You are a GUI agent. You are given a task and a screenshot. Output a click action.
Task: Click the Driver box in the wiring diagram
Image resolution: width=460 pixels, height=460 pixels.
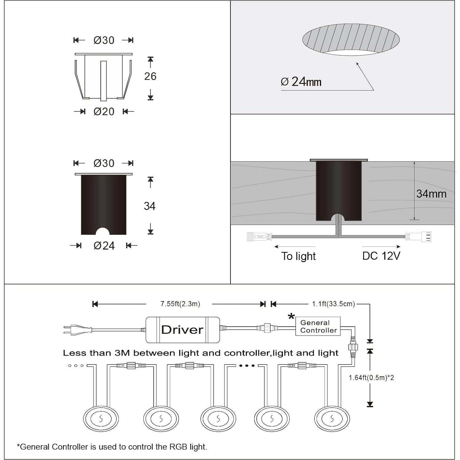183,330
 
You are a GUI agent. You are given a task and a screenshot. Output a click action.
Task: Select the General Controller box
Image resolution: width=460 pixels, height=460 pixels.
318,326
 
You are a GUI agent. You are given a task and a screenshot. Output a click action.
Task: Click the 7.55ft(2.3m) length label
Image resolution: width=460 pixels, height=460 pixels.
180,304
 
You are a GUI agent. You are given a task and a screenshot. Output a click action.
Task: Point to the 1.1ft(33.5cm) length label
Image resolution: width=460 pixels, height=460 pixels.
333,304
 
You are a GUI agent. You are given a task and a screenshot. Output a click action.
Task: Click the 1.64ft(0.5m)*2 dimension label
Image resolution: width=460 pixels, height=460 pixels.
371,378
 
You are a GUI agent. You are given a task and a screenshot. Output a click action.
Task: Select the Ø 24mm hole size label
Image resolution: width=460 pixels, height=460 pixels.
301,82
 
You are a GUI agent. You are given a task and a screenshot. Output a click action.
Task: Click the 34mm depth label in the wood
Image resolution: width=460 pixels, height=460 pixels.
431,194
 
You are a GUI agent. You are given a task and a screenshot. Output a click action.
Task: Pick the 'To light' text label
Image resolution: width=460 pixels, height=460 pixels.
298,256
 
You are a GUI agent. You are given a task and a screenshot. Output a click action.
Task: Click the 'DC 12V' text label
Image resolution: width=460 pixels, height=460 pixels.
381,256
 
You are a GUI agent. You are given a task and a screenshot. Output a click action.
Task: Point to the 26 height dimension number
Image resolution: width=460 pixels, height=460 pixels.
150,76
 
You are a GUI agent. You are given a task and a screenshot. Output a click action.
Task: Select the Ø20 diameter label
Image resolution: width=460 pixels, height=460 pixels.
104,112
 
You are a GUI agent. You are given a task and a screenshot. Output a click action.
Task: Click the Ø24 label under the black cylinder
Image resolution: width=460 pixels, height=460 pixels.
104,246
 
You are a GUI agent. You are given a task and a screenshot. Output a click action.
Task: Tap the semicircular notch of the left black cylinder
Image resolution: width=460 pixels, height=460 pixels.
103,231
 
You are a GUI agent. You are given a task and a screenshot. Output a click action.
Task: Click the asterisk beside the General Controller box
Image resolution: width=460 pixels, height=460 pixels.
291,316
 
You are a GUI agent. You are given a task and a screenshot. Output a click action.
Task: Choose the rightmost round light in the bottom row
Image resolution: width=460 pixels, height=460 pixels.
332,419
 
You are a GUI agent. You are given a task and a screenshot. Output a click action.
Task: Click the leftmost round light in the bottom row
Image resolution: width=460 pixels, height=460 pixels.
101,419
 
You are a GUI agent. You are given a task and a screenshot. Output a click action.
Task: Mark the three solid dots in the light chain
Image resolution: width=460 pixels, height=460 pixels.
247,366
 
